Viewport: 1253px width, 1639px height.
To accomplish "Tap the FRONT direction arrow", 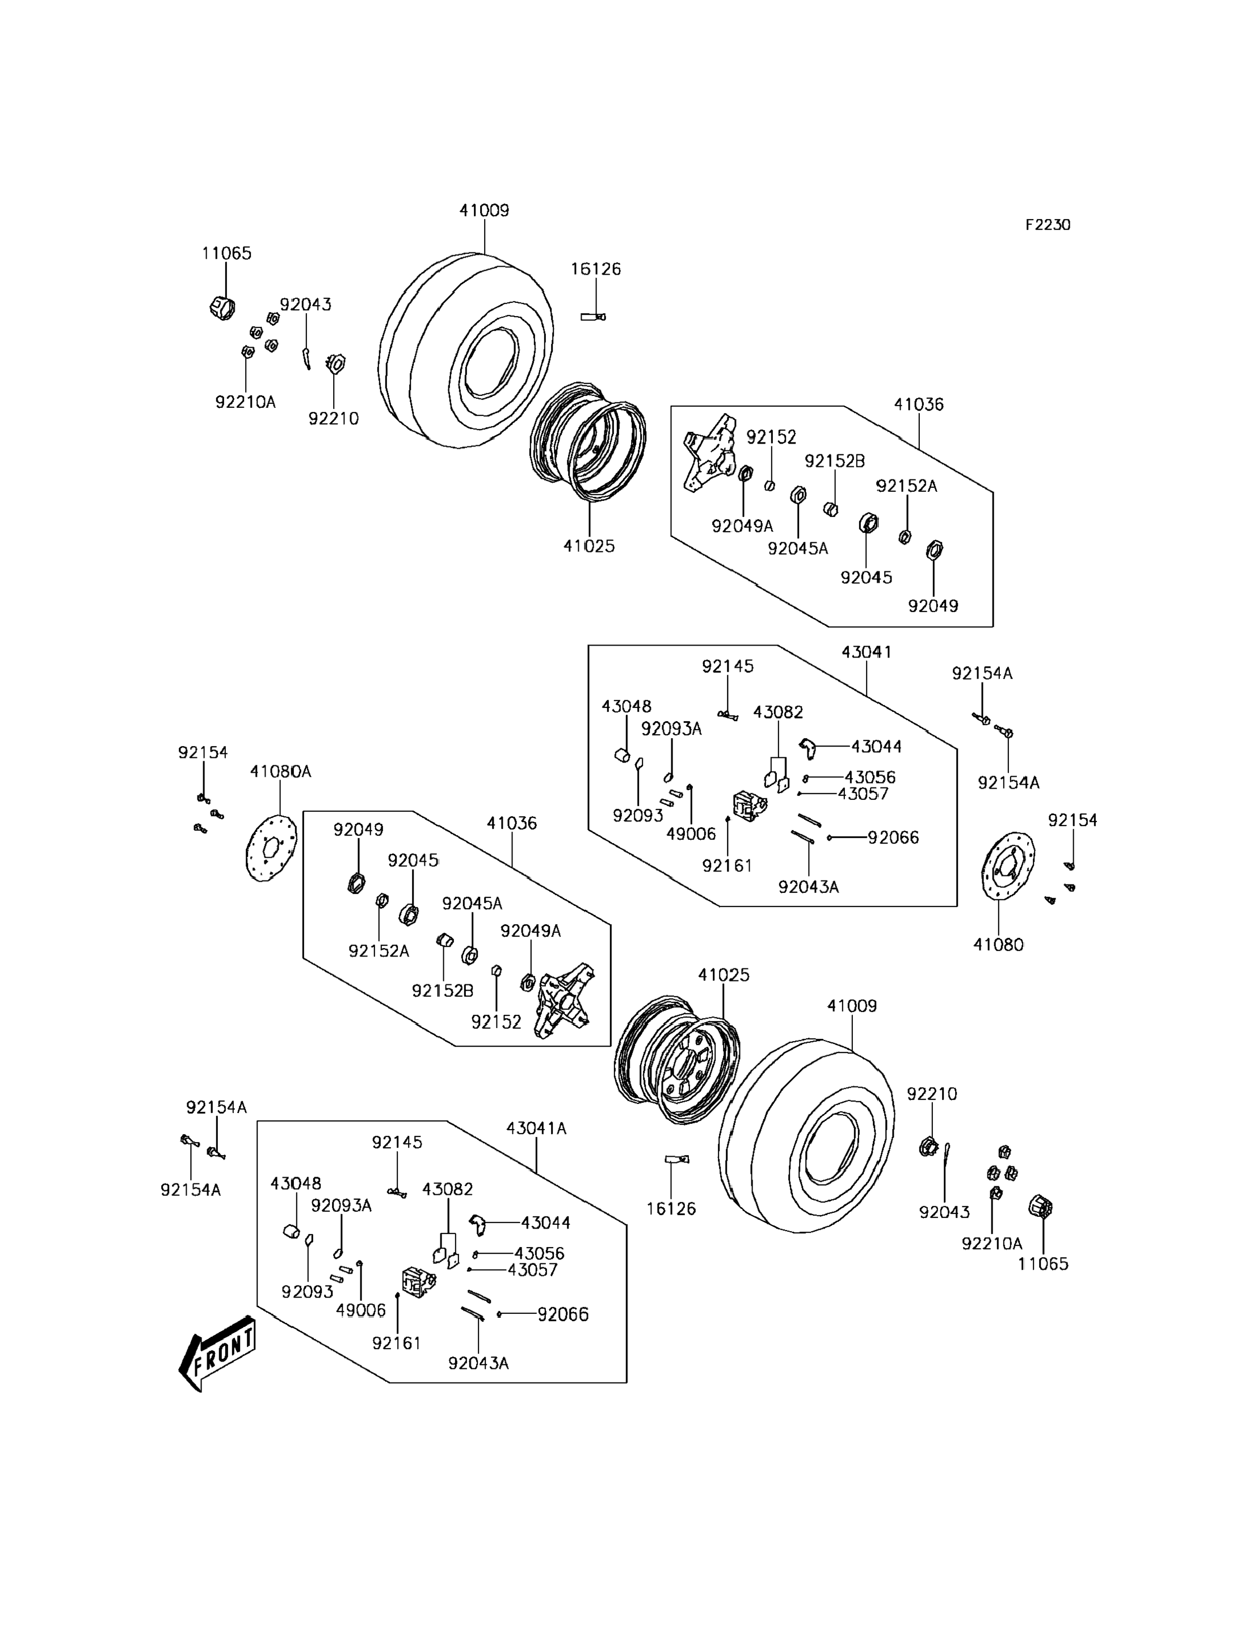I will click(x=218, y=1352).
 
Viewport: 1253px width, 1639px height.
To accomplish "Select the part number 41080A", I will click(x=280, y=772).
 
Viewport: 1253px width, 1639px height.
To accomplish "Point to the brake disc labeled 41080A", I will click(x=271, y=849).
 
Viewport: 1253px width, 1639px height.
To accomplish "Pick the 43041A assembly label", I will click(x=536, y=1129).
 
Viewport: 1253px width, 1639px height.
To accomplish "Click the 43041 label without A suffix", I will click(x=866, y=652).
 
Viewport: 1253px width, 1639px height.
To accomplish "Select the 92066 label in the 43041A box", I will click(x=563, y=1314).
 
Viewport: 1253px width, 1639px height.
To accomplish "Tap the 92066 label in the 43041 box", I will click(x=893, y=837).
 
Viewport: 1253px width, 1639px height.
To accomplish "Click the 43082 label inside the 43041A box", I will click(x=448, y=1189).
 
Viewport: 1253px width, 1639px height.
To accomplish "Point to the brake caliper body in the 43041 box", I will click(x=749, y=806).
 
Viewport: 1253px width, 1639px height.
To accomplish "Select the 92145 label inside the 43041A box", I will click(x=397, y=1143).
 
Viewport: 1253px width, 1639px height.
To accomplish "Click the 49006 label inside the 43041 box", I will click(x=691, y=833).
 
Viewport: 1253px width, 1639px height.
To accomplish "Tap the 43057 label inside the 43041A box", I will click(x=532, y=1270).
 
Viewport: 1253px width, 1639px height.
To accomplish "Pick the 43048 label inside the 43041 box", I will click(x=626, y=706).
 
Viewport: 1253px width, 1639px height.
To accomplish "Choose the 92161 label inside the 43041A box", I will click(x=397, y=1343).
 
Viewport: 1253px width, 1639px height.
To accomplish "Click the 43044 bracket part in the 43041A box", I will click(x=478, y=1224).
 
